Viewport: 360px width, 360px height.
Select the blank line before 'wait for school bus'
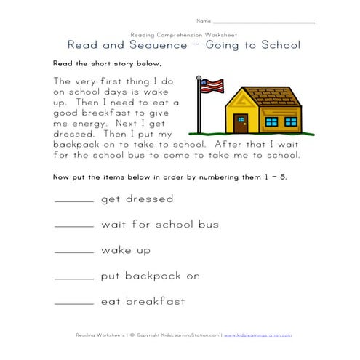(73, 227)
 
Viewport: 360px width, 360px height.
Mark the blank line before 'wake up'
(73, 252)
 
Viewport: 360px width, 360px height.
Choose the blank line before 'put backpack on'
(73, 278)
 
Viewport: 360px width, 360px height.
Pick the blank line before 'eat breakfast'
(73, 303)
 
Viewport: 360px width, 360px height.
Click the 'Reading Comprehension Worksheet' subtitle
(179, 33)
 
